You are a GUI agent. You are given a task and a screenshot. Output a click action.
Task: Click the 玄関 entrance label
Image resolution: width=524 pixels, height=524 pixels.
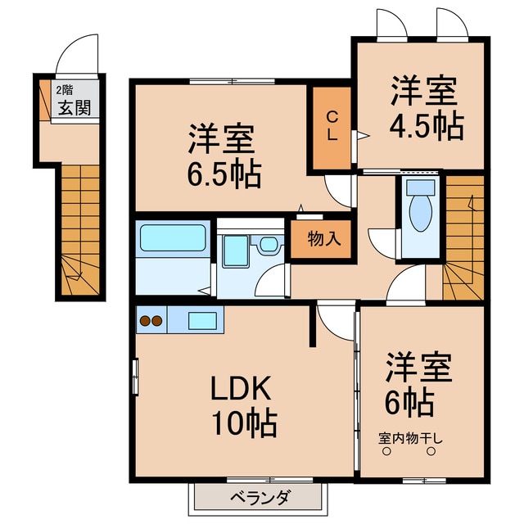[x=74, y=109]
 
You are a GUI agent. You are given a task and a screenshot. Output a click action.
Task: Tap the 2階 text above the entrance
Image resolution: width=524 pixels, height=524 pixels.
[x=63, y=91]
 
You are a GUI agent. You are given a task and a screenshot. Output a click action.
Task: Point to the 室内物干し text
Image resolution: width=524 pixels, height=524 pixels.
[x=410, y=438]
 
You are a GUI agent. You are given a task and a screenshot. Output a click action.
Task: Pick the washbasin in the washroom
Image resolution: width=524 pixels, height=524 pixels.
[x=268, y=245]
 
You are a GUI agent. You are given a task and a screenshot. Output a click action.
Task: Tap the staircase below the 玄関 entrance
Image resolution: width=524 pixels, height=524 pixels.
[x=79, y=229]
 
